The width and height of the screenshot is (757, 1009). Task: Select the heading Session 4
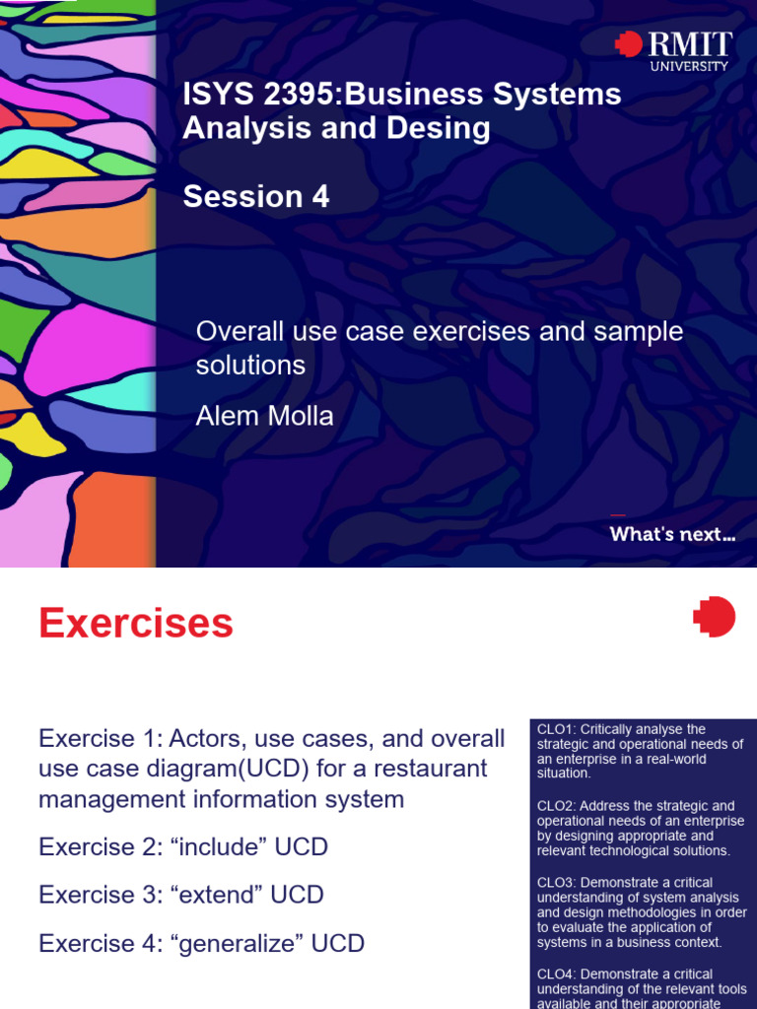coord(256,197)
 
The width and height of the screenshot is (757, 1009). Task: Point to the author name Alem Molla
coord(265,416)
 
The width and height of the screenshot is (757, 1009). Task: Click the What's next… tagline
coord(672,535)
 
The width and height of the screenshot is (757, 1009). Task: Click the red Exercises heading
coord(136,624)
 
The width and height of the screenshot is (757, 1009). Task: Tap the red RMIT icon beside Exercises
coord(714,617)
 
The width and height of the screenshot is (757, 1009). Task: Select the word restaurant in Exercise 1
coord(425,768)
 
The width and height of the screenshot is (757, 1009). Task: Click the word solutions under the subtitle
coord(250,365)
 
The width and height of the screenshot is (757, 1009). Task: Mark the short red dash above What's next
coord(618,514)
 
